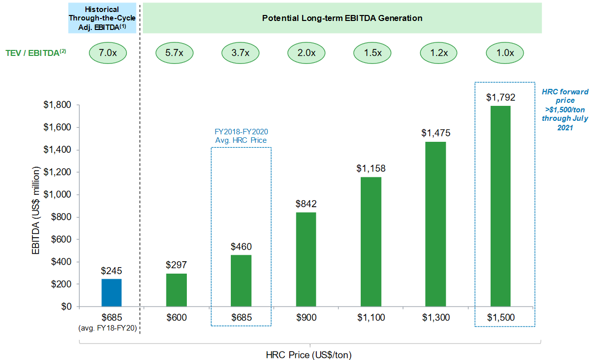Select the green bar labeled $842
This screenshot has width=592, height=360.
306,259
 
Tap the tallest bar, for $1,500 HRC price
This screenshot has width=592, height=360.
500,206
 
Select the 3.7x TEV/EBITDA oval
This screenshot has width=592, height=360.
241,53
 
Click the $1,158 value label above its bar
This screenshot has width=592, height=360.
371,168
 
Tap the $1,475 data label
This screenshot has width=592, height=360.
436,133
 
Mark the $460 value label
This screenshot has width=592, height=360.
241,246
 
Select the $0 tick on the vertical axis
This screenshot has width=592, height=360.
66,307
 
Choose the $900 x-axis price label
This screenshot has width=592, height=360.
306,318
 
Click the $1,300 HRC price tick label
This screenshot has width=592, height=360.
436,318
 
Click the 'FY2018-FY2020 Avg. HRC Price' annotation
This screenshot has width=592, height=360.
242,136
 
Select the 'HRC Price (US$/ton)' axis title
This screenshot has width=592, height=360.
309,355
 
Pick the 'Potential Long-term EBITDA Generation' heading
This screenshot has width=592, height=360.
342,18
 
